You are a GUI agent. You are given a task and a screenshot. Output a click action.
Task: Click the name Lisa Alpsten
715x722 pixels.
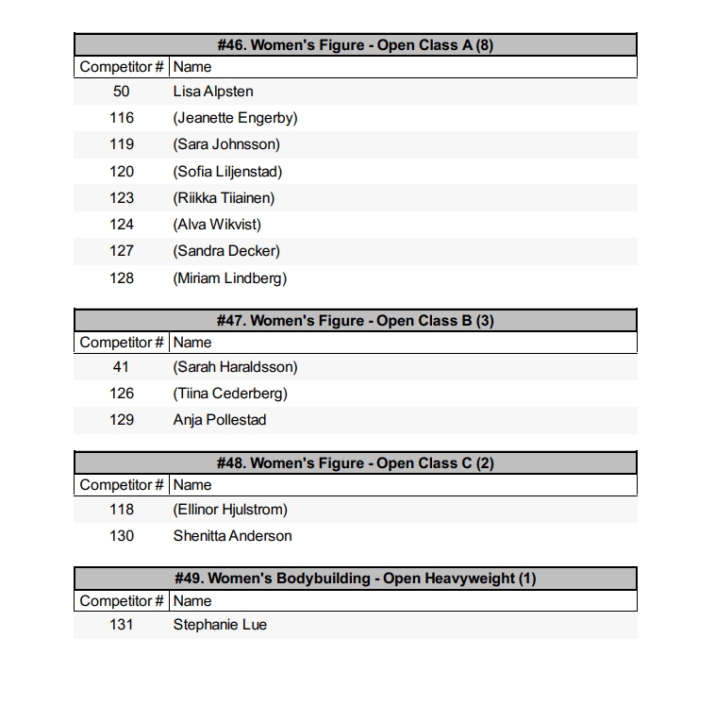click(213, 92)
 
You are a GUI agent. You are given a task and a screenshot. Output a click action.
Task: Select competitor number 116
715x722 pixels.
click(122, 118)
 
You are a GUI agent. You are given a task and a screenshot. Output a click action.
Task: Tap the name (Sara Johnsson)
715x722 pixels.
click(226, 144)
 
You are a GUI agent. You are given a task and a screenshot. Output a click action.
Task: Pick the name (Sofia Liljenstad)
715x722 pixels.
click(227, 171)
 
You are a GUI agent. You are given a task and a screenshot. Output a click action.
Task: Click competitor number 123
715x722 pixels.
click(122, 198)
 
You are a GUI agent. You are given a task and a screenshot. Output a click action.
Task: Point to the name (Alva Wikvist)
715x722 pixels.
click(217, 225)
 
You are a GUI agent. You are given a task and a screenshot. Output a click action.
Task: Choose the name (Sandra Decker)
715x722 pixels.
click(226, 251)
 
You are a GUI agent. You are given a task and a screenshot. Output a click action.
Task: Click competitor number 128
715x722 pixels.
click(122, 277)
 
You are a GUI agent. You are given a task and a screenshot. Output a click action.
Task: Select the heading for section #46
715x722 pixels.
click(356, 45)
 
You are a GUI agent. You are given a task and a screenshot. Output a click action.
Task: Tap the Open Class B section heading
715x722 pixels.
click(356, 321)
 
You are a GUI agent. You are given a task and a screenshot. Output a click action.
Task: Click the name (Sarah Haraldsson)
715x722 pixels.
click(235, 367)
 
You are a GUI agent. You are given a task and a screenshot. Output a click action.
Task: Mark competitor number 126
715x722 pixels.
click(122, 394)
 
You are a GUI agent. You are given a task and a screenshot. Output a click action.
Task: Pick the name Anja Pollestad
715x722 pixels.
click(220, 420)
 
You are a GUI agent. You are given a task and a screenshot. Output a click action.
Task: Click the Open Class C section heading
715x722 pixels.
click(356, 463)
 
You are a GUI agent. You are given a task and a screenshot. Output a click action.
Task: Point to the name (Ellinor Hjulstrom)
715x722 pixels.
click(230, 510)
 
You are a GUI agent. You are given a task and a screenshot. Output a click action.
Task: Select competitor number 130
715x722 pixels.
click(122, 536)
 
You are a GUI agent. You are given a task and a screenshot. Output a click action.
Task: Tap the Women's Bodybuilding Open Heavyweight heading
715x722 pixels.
click(356, 579)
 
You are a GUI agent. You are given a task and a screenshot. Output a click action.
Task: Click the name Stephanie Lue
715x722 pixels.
click(220, 625)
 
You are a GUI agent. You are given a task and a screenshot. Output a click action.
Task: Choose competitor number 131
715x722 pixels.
click(122, 625)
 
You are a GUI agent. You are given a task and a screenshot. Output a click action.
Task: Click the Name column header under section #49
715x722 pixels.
click(192, 601)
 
